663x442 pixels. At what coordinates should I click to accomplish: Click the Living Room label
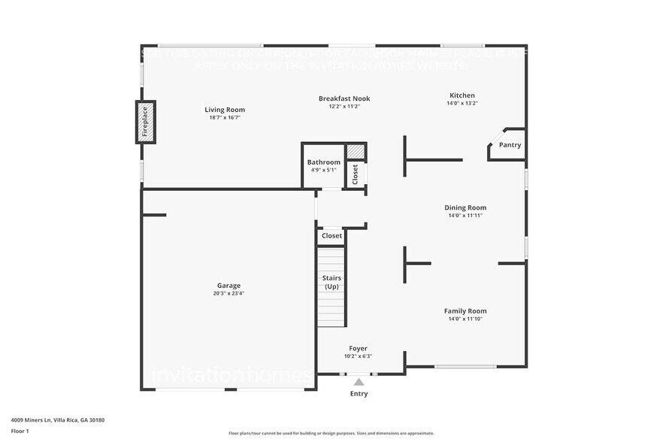225,110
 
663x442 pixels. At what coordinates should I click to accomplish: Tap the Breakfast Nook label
344,98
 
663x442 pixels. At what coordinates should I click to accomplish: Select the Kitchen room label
462,95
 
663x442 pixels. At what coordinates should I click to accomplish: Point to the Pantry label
510,145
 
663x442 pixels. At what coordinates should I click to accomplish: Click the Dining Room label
465,207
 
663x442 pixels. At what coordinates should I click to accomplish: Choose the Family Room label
465,310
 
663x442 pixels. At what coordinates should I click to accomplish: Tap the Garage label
229,286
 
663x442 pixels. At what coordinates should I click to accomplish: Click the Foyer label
358,348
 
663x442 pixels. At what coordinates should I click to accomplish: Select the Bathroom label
323,162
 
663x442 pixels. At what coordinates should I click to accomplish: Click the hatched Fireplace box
146,122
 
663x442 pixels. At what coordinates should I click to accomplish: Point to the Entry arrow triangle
359,382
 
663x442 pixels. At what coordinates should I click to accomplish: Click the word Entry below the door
359,394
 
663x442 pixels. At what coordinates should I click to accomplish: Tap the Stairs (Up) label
331,283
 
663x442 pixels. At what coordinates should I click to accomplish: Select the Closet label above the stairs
331,236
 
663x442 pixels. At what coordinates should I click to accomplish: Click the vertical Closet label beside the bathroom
356,174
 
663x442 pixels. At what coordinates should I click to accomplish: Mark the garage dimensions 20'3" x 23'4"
229,294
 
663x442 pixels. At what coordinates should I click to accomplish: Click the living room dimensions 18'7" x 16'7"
225,118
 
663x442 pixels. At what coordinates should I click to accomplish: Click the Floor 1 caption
20,431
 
